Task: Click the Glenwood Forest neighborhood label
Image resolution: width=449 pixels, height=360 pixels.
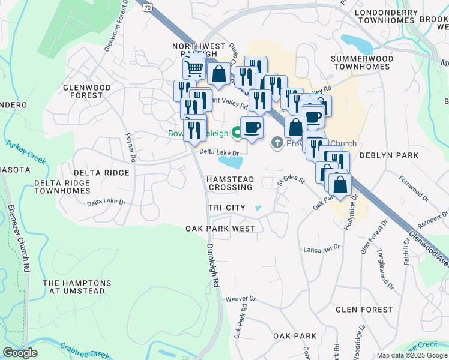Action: pyautogui.click(x=87, y=91)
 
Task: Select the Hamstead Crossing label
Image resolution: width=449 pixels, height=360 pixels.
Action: pyautogui.click(x=231, y=184)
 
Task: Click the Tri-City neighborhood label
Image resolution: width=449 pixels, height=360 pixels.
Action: pyautogui.click(x=226, y=208)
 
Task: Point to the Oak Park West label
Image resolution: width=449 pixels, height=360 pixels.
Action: pyautogui.click(x=220, y=229)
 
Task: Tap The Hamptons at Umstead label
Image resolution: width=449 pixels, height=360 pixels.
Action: pyautogui.click(x=77, y=287)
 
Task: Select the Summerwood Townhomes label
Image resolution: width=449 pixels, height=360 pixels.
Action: pyautogui.click(x=362, y=62)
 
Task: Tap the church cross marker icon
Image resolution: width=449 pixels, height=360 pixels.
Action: pyautogui.click(x=277, y=143)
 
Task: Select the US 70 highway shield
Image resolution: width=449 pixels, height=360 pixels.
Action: pyautogui.click(x=147, y=6)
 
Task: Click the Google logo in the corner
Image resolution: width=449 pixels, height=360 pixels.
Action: pyautogui.click(x=20, y=353)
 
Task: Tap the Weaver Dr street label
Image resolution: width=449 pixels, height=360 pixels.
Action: pyautogui.click(x=241, y=298)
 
